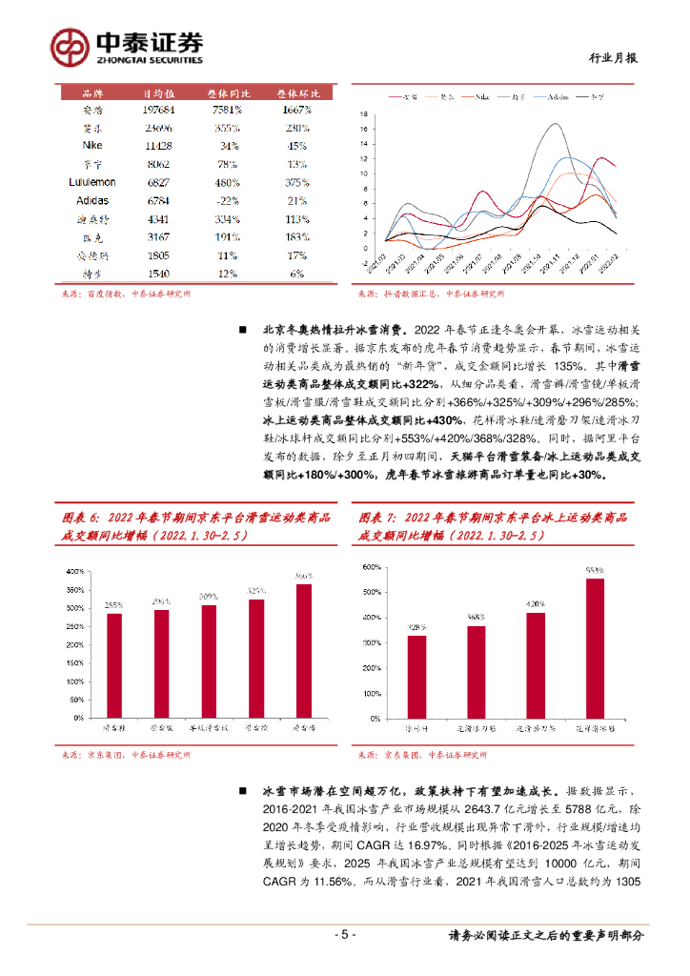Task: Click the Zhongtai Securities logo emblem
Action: point(70,45)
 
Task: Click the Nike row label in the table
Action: point(93,146)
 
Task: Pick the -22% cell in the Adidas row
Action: point(227,200)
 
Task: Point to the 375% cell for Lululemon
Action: point(295,182)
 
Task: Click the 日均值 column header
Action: point(158,93)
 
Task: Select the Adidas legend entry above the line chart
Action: point(558,97)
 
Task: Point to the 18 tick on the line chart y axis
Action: point(363,114)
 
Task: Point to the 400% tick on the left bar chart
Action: point(74,572)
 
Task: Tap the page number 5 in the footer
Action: point(345,935)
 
